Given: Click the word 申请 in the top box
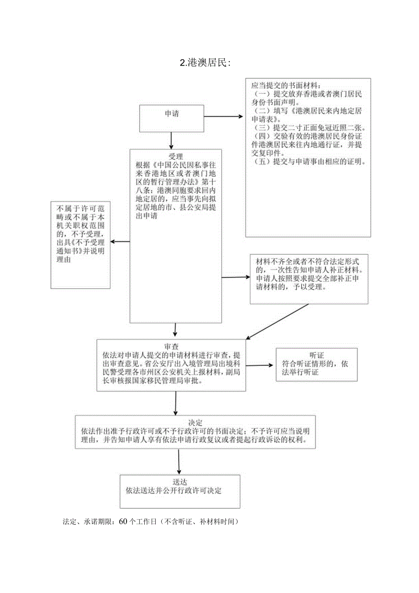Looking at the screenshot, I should [x=172, y=114].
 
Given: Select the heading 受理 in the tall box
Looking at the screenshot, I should [x=175, y=156].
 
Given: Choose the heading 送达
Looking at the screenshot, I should [x=180, y=482].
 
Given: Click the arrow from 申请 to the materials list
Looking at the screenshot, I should [x=224, y=116].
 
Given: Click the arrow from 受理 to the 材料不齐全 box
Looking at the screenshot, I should [x=235, y=277].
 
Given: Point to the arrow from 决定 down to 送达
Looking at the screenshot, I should [x=179, y=461].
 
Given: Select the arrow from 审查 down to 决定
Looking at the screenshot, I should [x=176, y=403].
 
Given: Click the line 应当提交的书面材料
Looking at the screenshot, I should [x=286, y=85].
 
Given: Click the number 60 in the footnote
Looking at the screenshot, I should [x=123, y=522].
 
